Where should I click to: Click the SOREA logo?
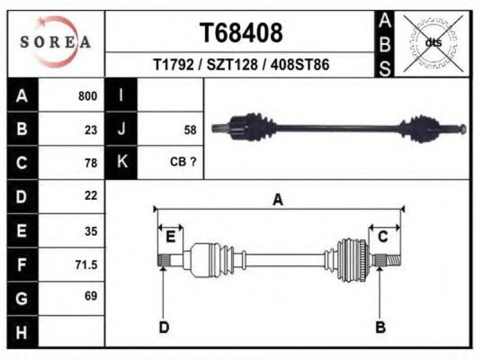point(55,42)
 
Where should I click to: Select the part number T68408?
point(241,33)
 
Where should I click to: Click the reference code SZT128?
point(232,65)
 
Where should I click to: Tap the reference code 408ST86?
point(299,65)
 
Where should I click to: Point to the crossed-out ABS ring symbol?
point(433,43)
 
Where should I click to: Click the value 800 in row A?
point(88,96)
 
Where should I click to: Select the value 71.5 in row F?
point(86,265)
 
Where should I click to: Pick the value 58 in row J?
point(190,130)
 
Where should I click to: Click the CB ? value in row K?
point(183,161)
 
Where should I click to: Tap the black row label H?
point(22,332)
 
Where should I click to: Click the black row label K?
point(121,162)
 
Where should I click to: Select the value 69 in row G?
point(91,296)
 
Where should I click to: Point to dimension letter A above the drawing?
point(278,200)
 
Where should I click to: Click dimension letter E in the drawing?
point(170,237)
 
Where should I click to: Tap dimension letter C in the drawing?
point(383,236)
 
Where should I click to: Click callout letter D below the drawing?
point(164,327)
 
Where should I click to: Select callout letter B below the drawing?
point(380,327)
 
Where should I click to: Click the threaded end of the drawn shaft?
point(394,260)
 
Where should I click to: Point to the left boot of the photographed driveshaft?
point(260,127)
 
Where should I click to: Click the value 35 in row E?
point(91,232)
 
